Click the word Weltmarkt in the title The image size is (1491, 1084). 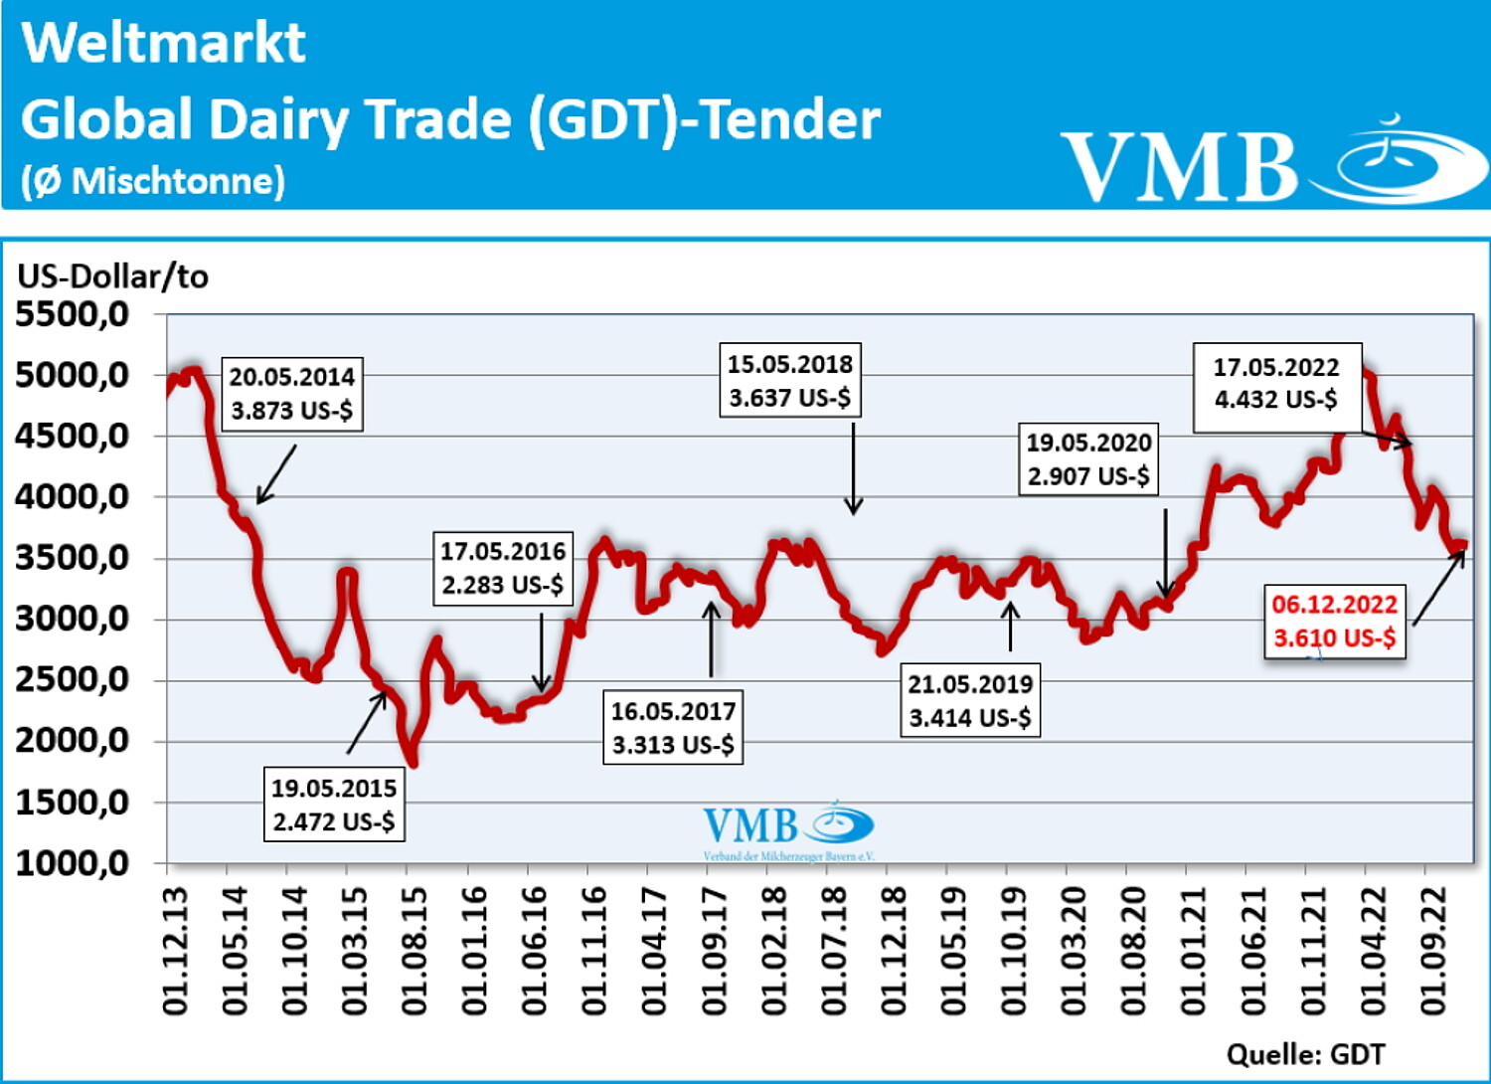point(164,43)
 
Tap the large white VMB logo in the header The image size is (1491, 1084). point(1272,163)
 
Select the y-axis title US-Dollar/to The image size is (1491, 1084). point(112,276)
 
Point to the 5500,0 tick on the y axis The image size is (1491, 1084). point(73,315)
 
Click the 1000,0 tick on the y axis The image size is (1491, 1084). point(73,863)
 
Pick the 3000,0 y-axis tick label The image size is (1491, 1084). point(73,619)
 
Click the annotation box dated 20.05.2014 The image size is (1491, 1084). point(291,394)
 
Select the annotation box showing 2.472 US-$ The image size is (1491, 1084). point(334,805)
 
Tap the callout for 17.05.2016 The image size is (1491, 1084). point(503,568)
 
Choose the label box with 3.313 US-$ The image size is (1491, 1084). point(673,728)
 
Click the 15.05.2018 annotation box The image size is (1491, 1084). point(790,381)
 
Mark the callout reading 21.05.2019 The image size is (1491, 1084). point(970,700)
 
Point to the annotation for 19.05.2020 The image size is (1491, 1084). point(1088,459)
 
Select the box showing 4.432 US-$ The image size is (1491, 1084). point(1276,384)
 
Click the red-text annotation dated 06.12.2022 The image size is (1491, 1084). point(1335,621)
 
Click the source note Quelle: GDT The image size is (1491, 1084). point(1305,1054)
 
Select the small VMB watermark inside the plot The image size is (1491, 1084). point(787,829)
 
